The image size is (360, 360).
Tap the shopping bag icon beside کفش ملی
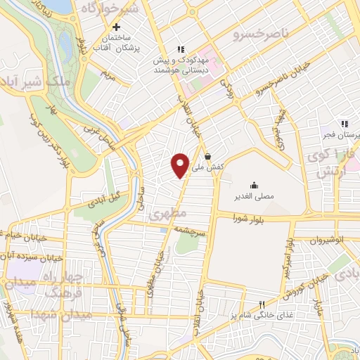coord(207,157)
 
